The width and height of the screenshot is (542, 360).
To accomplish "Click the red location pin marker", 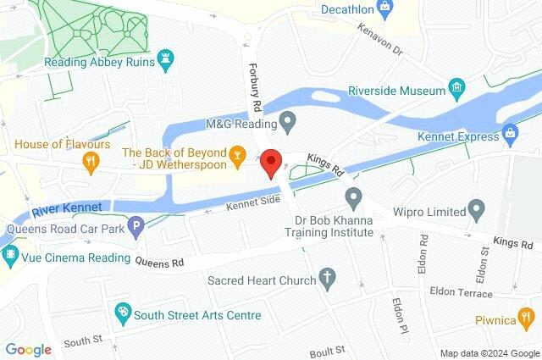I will (x=270, y=161).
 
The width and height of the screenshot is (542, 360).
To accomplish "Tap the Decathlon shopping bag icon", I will (x=385, y=9).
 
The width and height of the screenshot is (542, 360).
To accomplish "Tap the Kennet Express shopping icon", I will (x=510, y=133).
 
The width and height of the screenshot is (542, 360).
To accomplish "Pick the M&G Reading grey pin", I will (x=287, y=123).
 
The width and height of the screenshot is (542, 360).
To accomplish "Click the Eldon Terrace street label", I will (x=462, y=292).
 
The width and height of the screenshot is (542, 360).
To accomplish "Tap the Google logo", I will (x=28, y=349).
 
